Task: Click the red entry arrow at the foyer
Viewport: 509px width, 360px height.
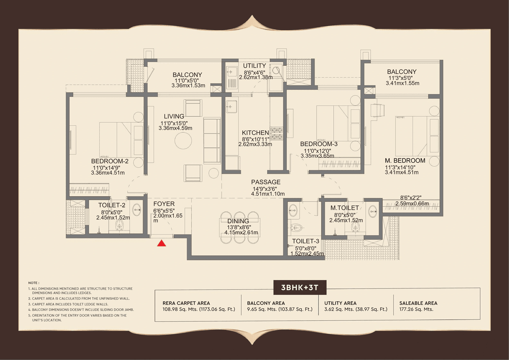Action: tap(161, 243)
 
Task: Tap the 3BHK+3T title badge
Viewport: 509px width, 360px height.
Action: tap(300, 288)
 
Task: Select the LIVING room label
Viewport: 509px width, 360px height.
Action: tap(174, 116)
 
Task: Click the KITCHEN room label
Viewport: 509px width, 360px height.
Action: tap(255, 133)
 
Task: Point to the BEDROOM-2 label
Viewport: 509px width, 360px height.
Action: tap(109, 161)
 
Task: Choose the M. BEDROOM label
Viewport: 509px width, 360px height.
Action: tap(405, 161)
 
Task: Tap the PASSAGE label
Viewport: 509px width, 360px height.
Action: tap(266, 182)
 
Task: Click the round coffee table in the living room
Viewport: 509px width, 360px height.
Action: tap(183, 140)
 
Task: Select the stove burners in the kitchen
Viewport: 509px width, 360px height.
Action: tap(277, 134)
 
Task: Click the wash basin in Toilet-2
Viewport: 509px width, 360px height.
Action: tap(137, 210)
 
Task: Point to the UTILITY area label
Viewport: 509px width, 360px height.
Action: tap(254, 66)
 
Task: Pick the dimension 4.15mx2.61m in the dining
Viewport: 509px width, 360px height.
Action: tap(241, 232)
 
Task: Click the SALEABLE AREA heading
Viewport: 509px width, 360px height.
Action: tap(418, 303)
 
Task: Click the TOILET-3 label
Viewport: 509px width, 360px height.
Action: tap(305, 241)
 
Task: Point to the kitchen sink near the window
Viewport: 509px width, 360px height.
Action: tap(231, 106)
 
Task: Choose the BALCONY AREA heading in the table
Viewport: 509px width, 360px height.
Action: tap(266, 303)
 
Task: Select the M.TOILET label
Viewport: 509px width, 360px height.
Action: tap(344, 208)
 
